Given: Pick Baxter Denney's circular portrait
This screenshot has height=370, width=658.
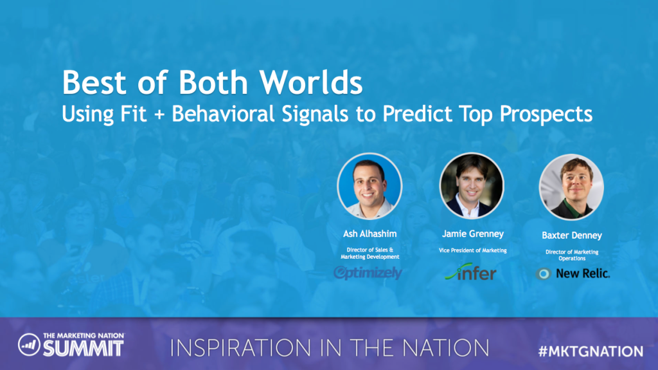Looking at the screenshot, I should (x=571, y=187).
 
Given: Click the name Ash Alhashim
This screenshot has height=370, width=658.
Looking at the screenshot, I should (x=369, y=233).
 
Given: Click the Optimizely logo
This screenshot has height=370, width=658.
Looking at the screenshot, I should (x=368, y=273).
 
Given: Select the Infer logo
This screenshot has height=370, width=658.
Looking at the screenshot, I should (x=471, y=273).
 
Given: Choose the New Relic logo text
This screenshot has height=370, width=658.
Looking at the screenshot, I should (x=582, y=273).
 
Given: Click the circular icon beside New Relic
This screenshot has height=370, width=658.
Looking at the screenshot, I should (x=543, y=273).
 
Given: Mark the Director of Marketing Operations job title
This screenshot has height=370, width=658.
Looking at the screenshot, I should (x=571, y=255).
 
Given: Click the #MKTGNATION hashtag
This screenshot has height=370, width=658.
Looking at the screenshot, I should (x=591, y=351).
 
